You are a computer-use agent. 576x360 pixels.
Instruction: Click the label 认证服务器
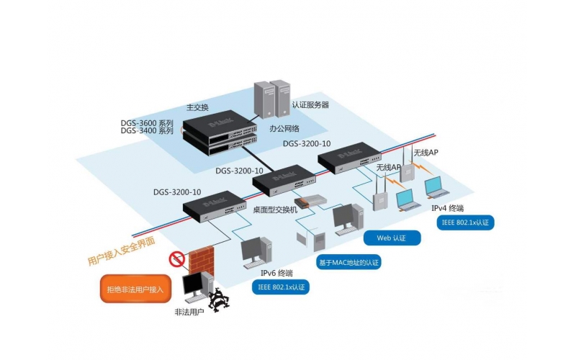(310, 104)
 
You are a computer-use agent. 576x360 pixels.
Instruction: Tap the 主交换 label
(197, 107)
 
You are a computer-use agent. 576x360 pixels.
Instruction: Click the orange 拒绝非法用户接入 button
(135, 289)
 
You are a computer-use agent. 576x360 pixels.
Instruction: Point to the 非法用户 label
(189, 312)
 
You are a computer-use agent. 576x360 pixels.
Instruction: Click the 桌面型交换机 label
(276, 209)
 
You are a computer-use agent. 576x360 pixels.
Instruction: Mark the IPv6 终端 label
(276, 273)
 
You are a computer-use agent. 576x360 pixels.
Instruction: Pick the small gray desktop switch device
(315, 201)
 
